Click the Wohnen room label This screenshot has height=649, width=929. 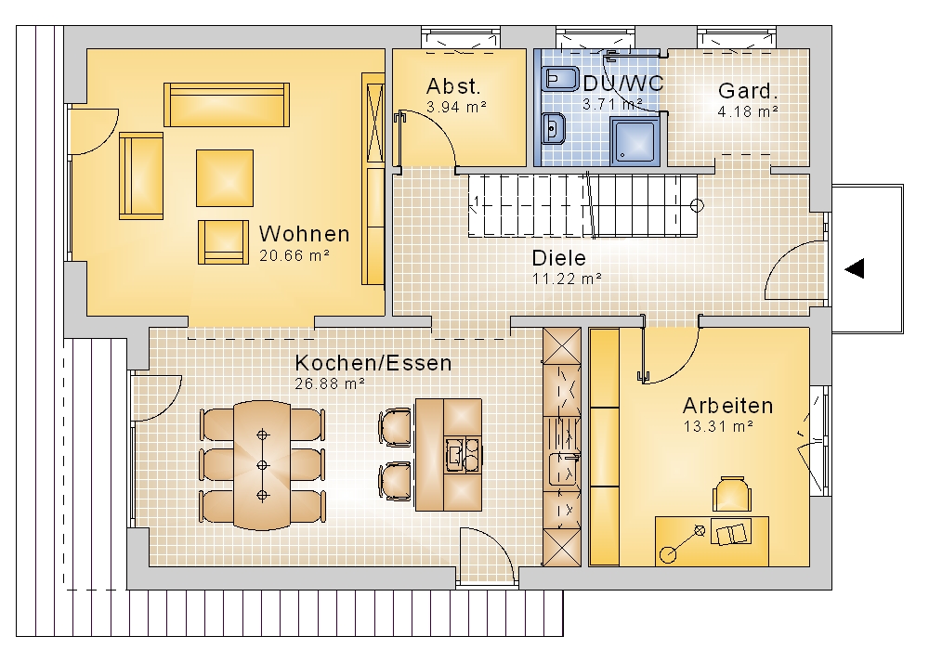[x=304, y=234]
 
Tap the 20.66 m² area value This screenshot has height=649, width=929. [x=294, y=256]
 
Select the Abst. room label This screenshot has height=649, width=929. [x=453, y=86]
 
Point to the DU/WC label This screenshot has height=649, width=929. [x=623, y=84]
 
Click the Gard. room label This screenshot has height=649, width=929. [x=748, y=91]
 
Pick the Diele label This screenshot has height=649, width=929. [x=558, y=258]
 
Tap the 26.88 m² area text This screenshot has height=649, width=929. [x=330, y=383]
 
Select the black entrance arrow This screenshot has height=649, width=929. [x=855, y=268]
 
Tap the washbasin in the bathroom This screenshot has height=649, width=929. [x=554, y=128]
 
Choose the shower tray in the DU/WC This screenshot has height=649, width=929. [x=635, y=141]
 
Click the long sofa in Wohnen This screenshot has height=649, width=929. [x=227, y=105]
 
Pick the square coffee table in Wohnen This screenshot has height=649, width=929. [x=225, y=177]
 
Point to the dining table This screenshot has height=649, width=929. [x=262, y=465]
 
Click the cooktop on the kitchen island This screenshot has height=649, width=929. [x=464, y=455]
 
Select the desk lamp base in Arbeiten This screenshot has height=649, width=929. [x=668, y=554]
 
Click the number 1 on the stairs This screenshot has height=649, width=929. [x=476, y=201]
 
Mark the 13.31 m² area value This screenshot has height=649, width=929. [x=718, y=426]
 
